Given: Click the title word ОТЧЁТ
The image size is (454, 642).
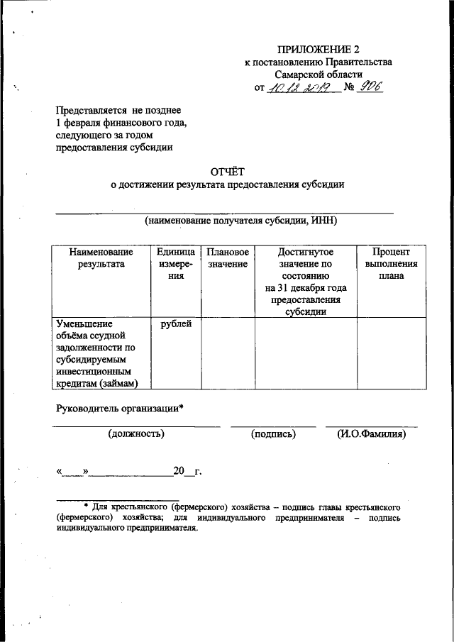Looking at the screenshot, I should click(227, 170).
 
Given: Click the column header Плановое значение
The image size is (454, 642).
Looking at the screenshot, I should click(228, 258).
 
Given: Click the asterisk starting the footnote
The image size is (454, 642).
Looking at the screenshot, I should click(86, 507).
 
